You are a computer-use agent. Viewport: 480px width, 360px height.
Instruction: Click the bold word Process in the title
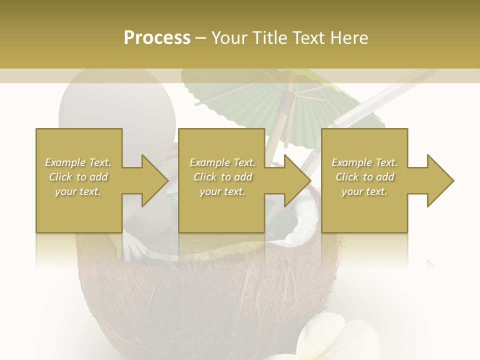(157, 37)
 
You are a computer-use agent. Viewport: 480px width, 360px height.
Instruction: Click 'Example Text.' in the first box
(78, 162)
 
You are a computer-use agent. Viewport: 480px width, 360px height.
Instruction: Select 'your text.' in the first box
(78, 191)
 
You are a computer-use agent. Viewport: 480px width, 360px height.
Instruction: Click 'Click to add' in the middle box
(222, 177)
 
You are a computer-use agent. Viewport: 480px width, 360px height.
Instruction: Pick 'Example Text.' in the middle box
(222, 162)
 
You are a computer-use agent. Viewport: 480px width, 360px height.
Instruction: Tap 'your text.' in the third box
(364, 191)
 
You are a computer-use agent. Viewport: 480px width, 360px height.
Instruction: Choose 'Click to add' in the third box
(364, 177)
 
